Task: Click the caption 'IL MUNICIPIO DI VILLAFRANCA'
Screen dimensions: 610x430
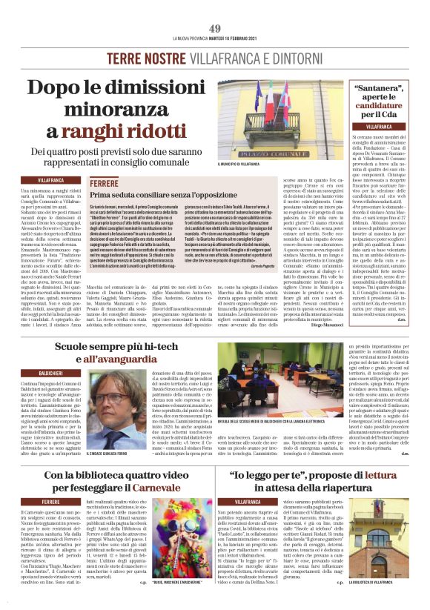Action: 240,165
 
